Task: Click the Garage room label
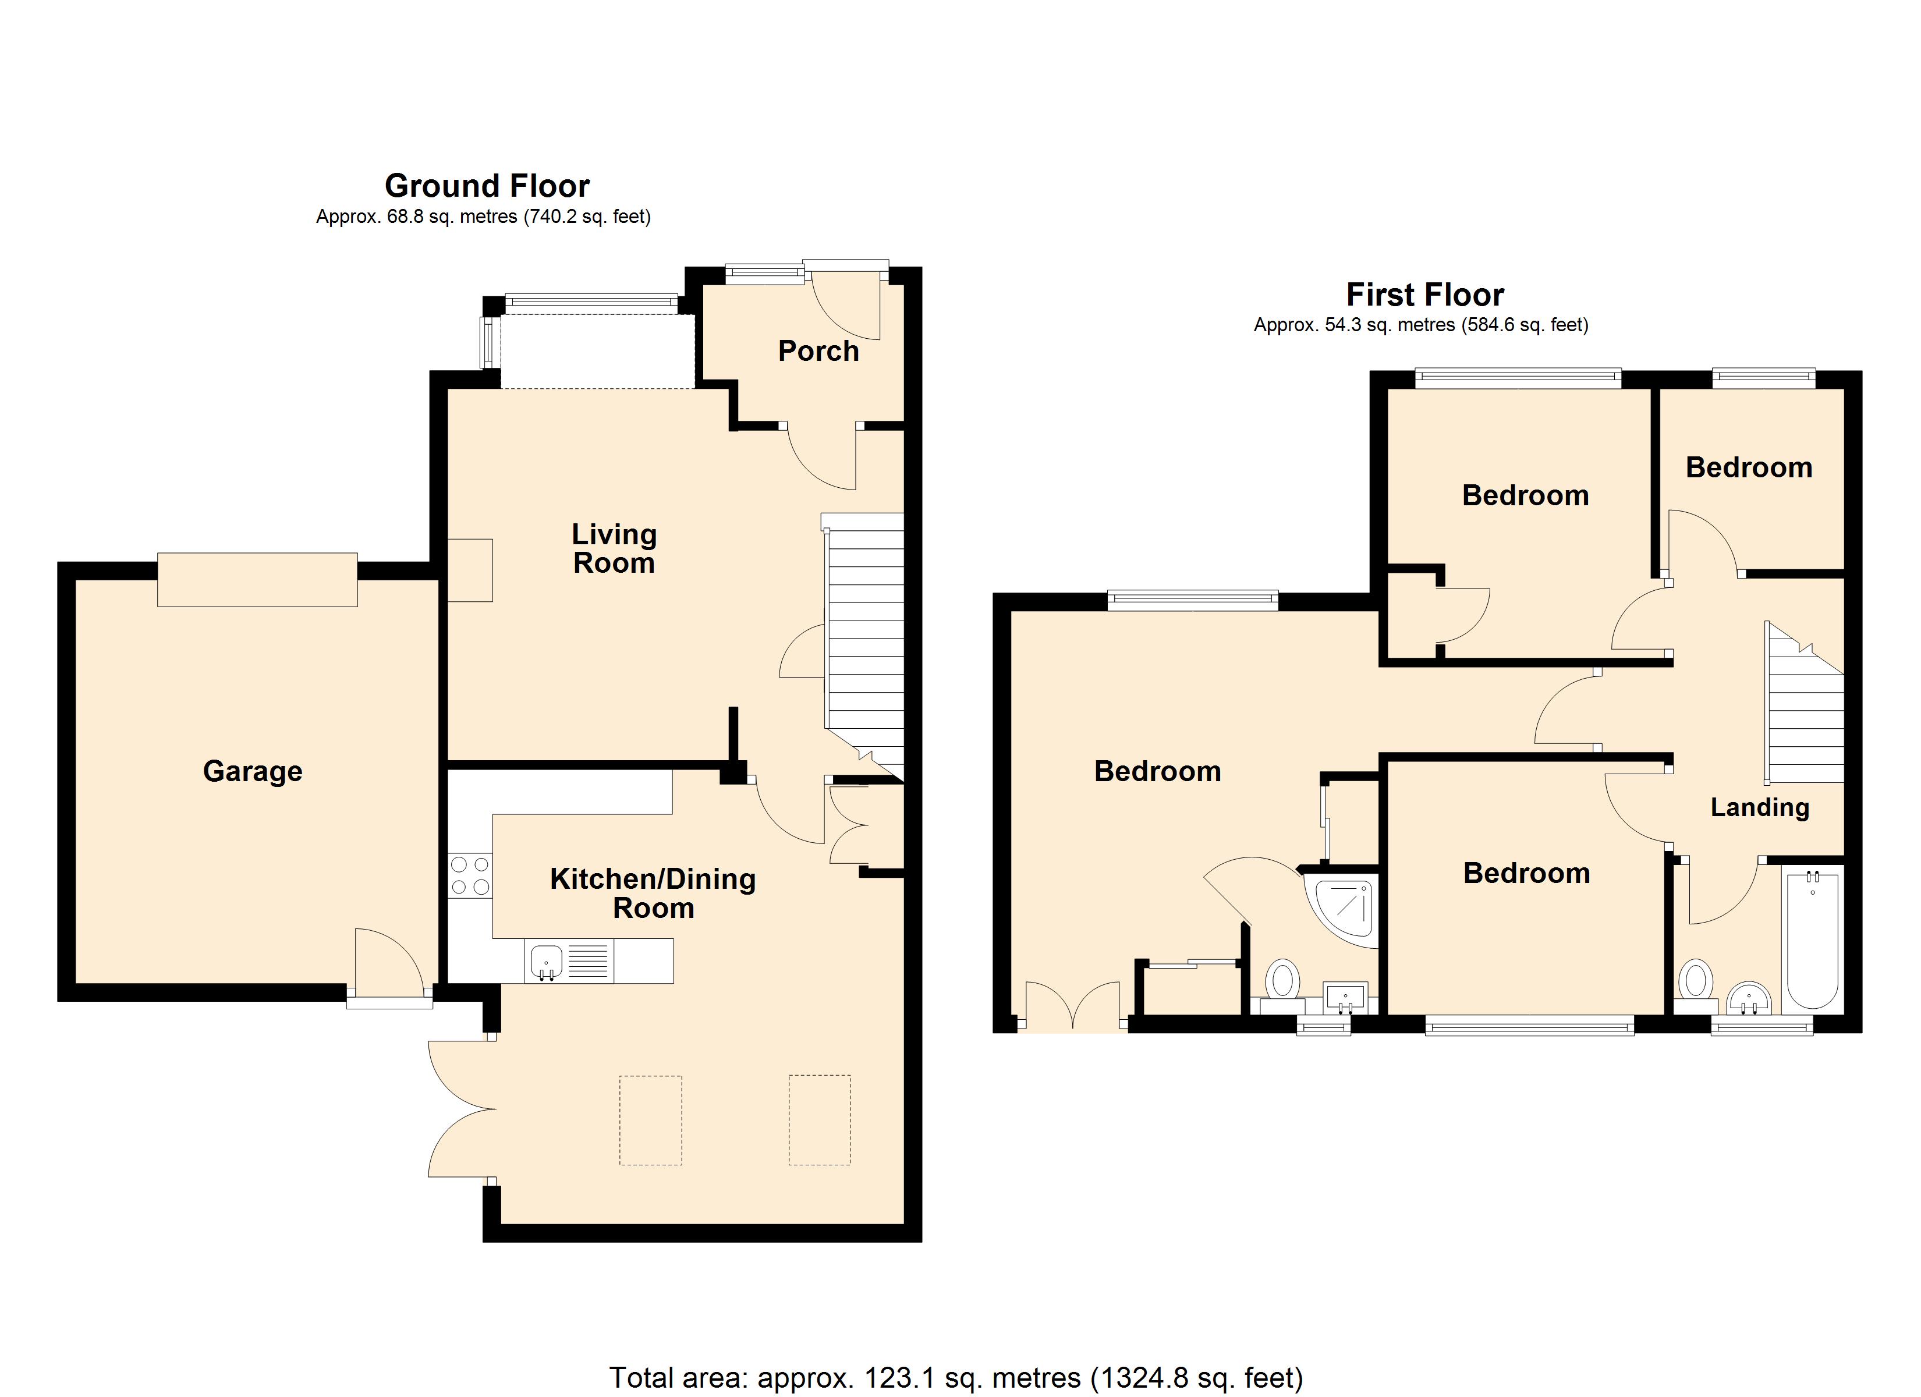point(253,771)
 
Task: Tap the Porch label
point(818,351)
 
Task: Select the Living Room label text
point(614,548)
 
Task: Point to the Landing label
point(1759,807)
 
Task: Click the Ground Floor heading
point(487,186)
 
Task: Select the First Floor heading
point(1424,295)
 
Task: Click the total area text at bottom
point(955,1377)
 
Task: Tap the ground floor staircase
point(864,644)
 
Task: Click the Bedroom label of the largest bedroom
point(1157,771)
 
